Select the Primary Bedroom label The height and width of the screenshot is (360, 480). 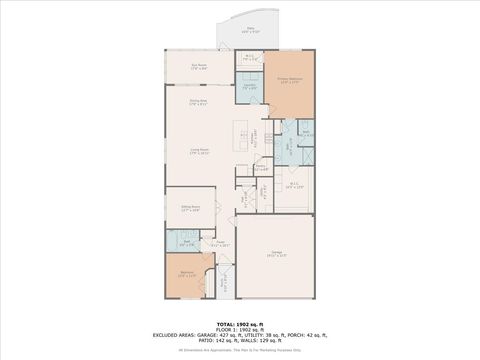point(290,80)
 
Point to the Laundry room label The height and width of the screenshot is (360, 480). point(250,87)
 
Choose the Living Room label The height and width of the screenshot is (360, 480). point(200,152)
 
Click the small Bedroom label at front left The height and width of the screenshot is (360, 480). point(187,273)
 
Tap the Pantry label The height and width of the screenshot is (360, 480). point(260,167)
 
